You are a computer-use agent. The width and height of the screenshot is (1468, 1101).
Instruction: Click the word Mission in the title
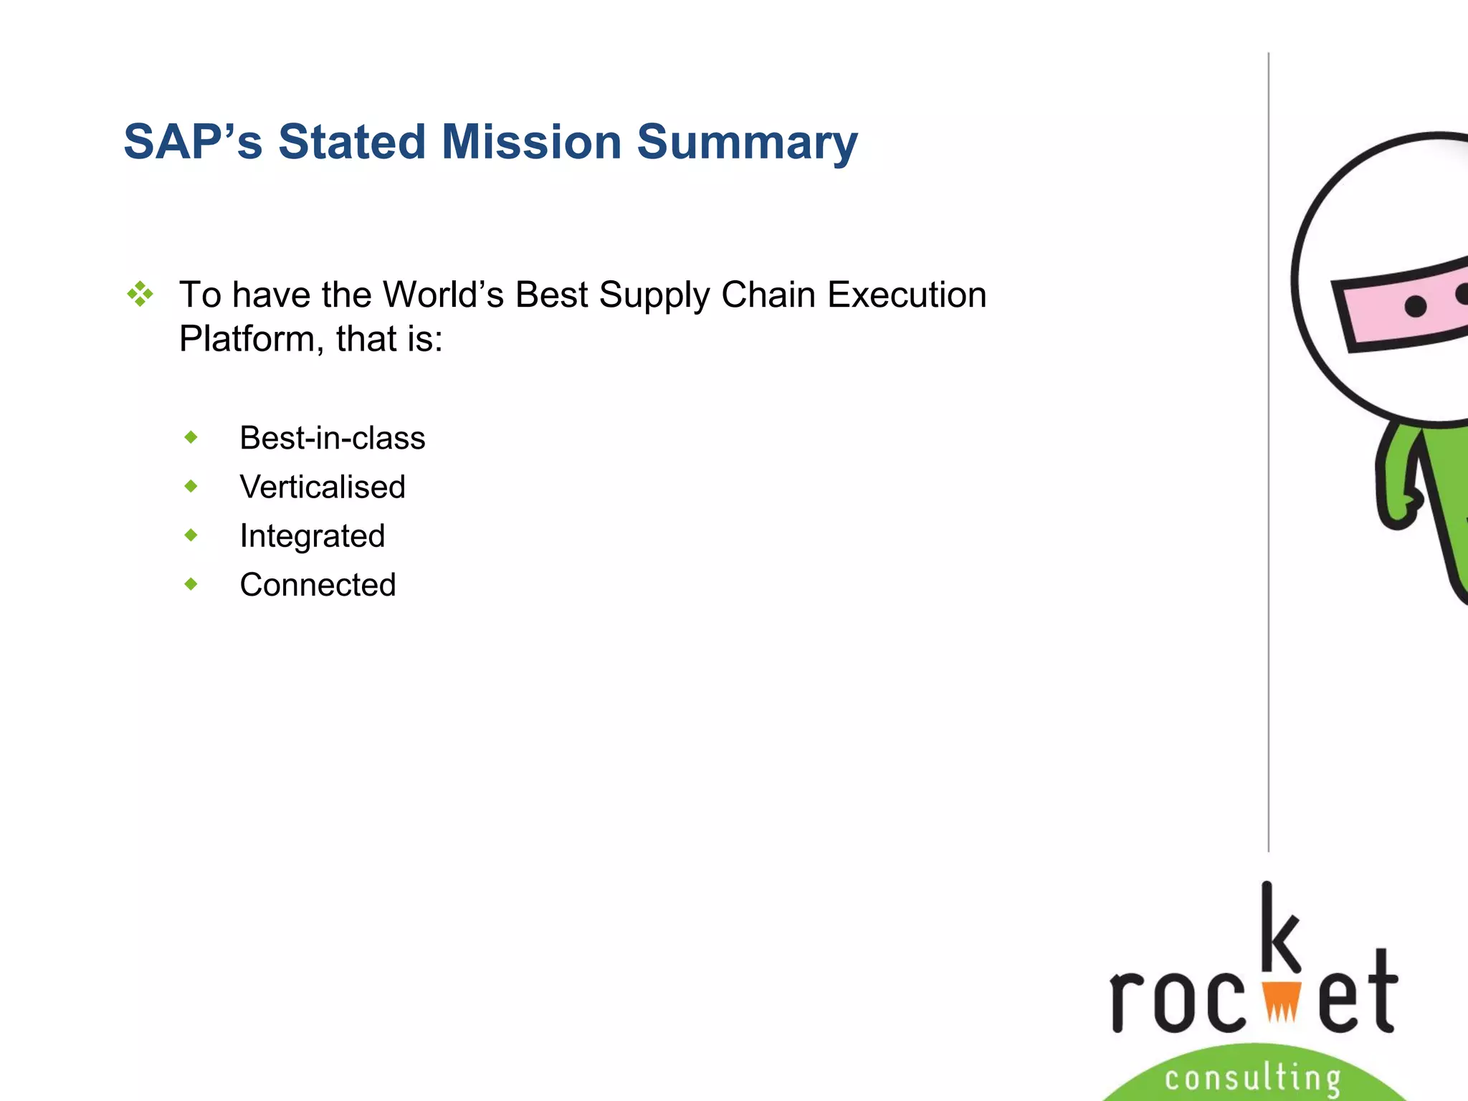coord(530,142)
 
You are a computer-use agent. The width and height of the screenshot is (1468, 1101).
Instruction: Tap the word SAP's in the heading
coord(193,142)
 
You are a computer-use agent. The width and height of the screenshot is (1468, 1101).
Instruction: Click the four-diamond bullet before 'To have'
coord(140,295)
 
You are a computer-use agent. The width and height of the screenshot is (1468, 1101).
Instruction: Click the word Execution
coord(906,295)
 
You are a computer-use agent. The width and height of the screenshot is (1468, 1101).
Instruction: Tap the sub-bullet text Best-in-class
coord(332,438)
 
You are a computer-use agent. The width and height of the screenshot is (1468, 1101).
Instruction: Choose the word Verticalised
coord(323,487)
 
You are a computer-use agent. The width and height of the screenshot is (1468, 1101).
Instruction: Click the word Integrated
coord(312,536)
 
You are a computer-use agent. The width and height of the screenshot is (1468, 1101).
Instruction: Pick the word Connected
coord(318,585)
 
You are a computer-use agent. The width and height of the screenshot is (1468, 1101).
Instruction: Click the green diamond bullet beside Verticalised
coord(191,487)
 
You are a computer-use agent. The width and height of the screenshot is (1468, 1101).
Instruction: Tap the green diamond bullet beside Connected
coord(191,584)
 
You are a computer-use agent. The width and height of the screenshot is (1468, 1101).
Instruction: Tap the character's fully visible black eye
coord(1415,307)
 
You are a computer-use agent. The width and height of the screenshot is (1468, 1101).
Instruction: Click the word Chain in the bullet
coord(768,295)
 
